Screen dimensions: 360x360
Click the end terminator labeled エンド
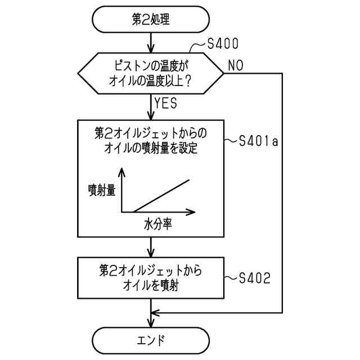[x=150, y=340]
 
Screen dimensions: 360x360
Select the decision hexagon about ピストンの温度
[x=150, y=73]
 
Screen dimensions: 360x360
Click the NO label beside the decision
[x=236, y=65]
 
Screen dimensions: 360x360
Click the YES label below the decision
[x=166, y=104]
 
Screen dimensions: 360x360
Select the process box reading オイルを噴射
[x=150, y=278]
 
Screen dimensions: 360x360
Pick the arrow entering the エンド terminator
[x=150, y=321]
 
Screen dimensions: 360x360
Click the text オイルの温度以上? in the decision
[x=150, y=80]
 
